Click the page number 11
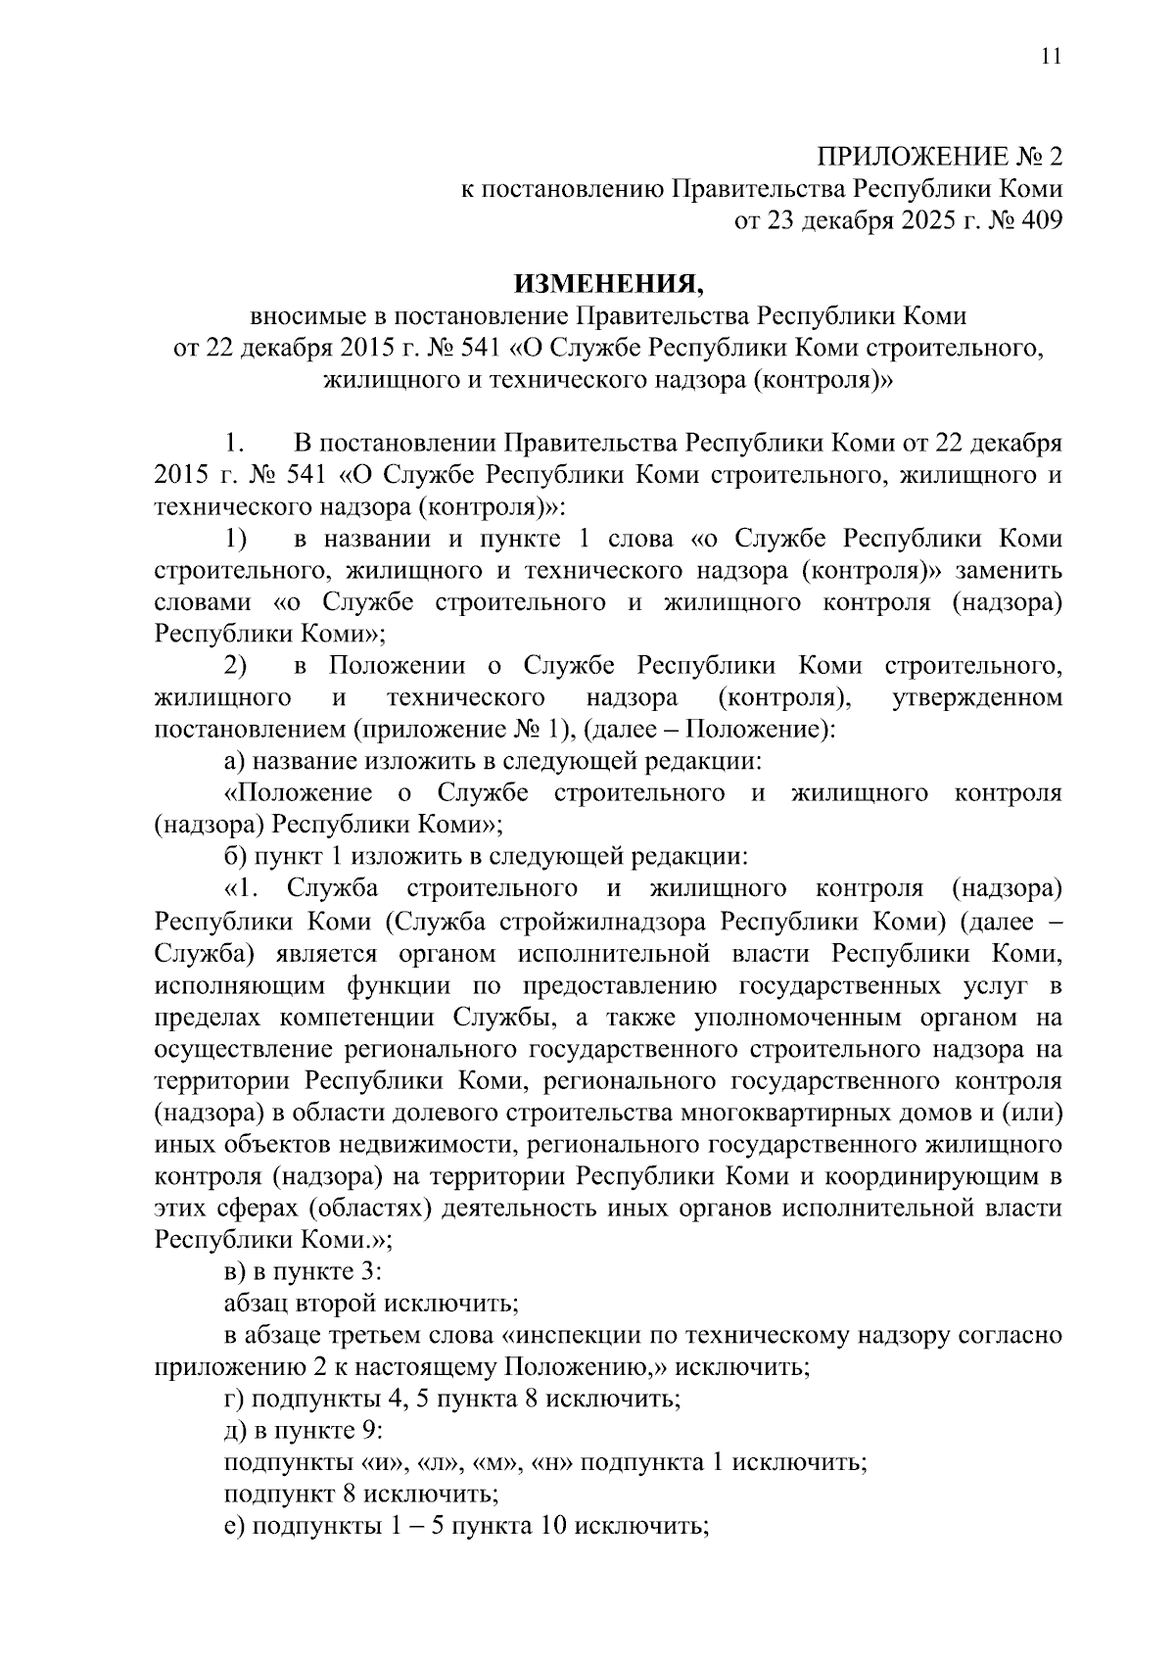tap(1051, 57)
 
